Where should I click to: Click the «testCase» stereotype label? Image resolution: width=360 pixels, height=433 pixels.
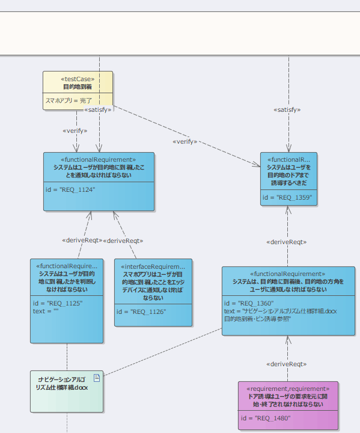click(78, 79)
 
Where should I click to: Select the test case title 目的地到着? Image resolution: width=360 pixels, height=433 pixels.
click(78, 87)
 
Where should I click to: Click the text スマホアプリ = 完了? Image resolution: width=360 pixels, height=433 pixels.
click(69, 100)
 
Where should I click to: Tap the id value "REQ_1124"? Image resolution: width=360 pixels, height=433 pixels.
click(70, 189)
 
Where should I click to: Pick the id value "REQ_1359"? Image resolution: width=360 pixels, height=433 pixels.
click(287, 197)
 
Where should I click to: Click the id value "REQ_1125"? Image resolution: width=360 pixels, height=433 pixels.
click(57, 304)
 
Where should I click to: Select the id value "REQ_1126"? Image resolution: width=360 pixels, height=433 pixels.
click(141, 312)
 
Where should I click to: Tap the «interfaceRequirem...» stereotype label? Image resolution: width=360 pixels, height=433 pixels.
click(153, 266)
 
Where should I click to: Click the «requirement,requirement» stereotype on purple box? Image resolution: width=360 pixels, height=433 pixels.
click(288, 389)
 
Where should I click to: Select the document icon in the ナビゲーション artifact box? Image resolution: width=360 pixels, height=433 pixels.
click(96, 378)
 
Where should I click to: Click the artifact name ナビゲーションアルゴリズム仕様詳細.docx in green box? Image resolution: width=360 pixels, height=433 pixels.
click(62, 383)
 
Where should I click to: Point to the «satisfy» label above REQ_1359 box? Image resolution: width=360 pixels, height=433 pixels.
click(287, 110)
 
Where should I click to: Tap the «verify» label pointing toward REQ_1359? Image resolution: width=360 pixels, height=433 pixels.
click(185, 141)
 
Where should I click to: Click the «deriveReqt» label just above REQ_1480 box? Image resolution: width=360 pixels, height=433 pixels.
click(287, 364)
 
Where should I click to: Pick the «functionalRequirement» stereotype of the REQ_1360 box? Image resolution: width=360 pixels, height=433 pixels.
click(287, 274)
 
